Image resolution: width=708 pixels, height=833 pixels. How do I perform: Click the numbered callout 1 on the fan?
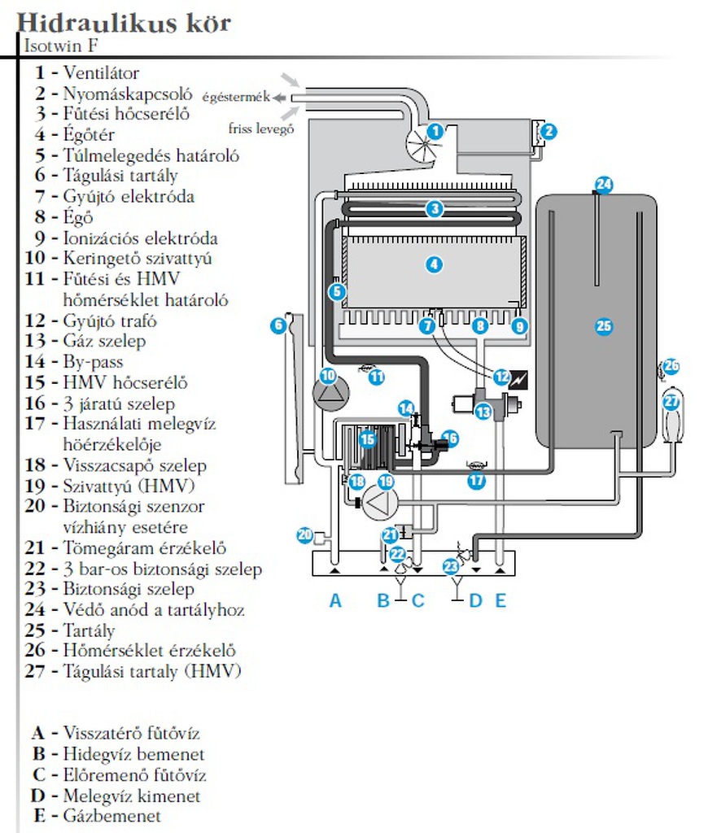pyautogui.click(x=435, y=130)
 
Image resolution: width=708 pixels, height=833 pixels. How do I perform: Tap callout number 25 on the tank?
pyautogui.click(x=603, y=326)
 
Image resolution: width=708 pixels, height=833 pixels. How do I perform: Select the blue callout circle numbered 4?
pyautogui.click(x=435, y=264)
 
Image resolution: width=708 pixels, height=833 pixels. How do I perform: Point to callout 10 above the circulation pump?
pyautogui.click(x=327, y=375)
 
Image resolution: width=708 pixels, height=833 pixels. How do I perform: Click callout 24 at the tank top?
pyautogui.click(x=603, y=185)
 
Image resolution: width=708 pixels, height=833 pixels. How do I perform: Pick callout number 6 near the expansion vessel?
pyautogui.click(x=278, y=325)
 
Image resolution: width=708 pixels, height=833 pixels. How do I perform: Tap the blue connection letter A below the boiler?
pyautogui.click(x=334, y=600)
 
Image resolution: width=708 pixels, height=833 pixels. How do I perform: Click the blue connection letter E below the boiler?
pyautogui.click(x=500, y=600)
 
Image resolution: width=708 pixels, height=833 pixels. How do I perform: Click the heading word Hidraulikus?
pyautogui.click(x=81, y=23)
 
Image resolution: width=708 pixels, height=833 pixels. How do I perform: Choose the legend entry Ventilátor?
pyautogui.click(x=101, y=72)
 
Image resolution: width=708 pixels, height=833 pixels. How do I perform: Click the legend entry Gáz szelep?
pyautogui.click(x=104, y=341)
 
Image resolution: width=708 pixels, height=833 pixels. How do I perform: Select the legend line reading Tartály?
pyautogui.click(x=89, y=630)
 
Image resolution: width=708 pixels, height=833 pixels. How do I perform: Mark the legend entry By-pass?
pyautogui.click(x=93, y=361)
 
